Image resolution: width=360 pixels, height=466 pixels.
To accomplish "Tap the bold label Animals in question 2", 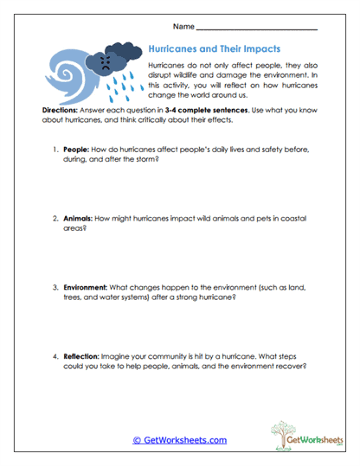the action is point(81,219).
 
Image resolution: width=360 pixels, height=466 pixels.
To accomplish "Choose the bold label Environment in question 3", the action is point(89,287).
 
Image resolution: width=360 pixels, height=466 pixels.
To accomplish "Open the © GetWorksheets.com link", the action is point(179,440).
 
